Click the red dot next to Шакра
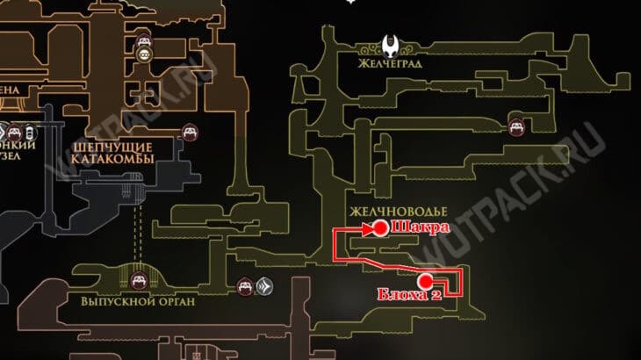point(381,227)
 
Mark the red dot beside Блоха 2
point(427,281)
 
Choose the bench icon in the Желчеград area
point(517,127)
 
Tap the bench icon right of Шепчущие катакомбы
point(188,133)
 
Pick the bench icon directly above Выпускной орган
point(138,280)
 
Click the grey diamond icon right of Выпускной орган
point(264,285)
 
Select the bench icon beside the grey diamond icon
point(245,285)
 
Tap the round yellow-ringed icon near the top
point(144,54)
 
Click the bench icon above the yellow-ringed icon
point(144,39)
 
